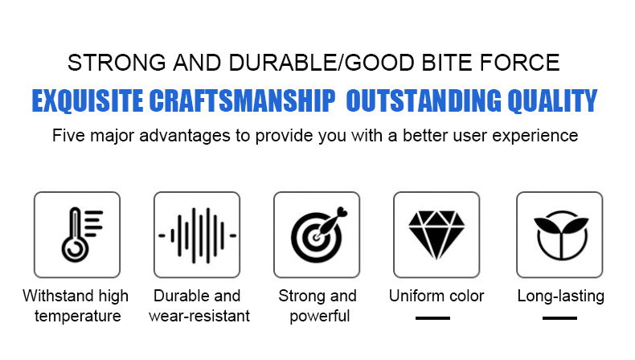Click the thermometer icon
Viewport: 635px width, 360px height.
pos(76,235)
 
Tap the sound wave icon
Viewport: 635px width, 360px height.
pos(197,235)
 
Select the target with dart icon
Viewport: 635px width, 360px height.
pos(319,235)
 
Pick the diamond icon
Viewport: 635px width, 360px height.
pos(436,235)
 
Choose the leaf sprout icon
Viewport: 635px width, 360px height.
pos(561,235)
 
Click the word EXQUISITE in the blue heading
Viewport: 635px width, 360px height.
pos(88,100)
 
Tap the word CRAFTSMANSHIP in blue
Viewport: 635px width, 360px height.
pos(242,100)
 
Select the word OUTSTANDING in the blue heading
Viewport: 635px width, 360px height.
pos(424,100)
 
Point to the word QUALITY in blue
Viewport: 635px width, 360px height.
pos(552,100)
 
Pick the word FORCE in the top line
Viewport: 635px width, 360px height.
pos(519,63)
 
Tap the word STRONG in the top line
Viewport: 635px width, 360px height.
pos(117,63)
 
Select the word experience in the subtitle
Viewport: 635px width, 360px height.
pos(535,136)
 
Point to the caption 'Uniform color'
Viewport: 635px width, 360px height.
pos(436,296)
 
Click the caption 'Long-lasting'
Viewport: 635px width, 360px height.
pos(560,297)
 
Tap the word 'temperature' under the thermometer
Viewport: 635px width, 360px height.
pos(77,317)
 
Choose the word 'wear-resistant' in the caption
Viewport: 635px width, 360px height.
pos(199,317)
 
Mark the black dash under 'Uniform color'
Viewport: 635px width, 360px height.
pos(432,318)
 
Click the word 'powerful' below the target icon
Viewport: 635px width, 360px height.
pos(320,317)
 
